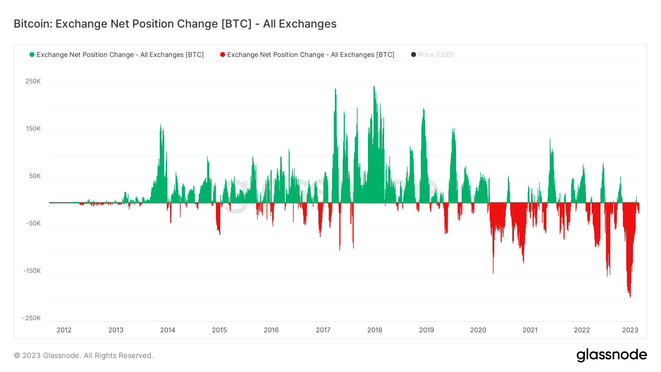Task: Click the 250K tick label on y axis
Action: (x=33, y=81)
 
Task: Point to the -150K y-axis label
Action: (x=32, y=271)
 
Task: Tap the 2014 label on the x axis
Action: (x=167, y=330)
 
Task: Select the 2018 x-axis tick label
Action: (x=375, y=330)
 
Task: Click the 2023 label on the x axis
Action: (x=630, y=330)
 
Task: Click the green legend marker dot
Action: (x=32, y=55)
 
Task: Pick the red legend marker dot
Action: (x=223, y=55)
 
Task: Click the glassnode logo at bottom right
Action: (x=611, y=355)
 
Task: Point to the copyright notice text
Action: (x=83, y=355)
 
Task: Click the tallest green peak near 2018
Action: (x=374, y=87)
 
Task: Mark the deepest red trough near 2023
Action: (x=630, y=297)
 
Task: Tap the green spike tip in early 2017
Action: (x=335, y=89)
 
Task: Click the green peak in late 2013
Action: (x=160, y=125)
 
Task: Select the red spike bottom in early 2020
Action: (x=493, y=272)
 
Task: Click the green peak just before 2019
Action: (x=423, y=109)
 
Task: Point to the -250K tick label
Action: (x=32, y=318)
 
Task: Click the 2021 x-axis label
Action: (x=530, y=330)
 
